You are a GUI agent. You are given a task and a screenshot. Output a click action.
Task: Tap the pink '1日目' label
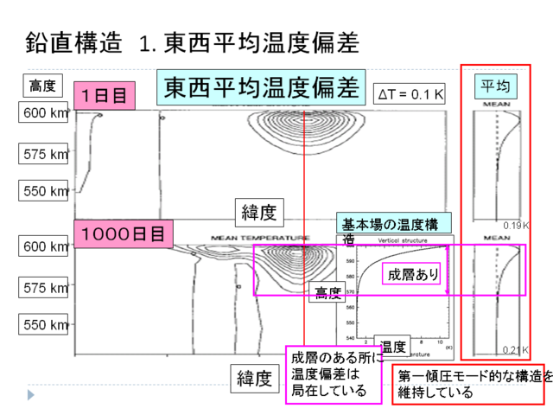pos(105,94)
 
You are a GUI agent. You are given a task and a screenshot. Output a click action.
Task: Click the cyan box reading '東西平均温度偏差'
pos(261,88)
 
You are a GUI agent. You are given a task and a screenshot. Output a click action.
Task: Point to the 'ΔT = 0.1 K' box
pos(409,93)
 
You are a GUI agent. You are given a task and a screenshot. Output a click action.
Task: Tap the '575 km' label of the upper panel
pos(44,154)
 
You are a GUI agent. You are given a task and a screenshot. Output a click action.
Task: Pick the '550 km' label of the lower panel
pos(44,326)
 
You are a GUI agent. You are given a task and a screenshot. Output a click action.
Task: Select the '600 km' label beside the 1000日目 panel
pos(44,247)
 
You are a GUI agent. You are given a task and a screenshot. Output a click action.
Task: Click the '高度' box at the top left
pos(41,86)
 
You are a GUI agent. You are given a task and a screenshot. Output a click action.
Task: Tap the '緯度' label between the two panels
pos(256,210)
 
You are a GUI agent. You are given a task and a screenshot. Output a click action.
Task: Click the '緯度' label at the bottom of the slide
pos(255,378)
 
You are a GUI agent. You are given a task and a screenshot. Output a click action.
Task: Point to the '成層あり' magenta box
pos(410,274)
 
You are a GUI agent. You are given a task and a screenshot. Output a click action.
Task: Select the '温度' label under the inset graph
pos(393,347)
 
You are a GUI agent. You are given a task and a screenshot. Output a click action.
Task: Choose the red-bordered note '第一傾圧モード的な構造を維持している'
pos(469,385)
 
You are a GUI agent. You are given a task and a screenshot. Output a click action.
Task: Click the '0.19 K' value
pos(516,225)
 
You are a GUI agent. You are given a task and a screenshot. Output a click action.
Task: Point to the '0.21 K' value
pos(516,350)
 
